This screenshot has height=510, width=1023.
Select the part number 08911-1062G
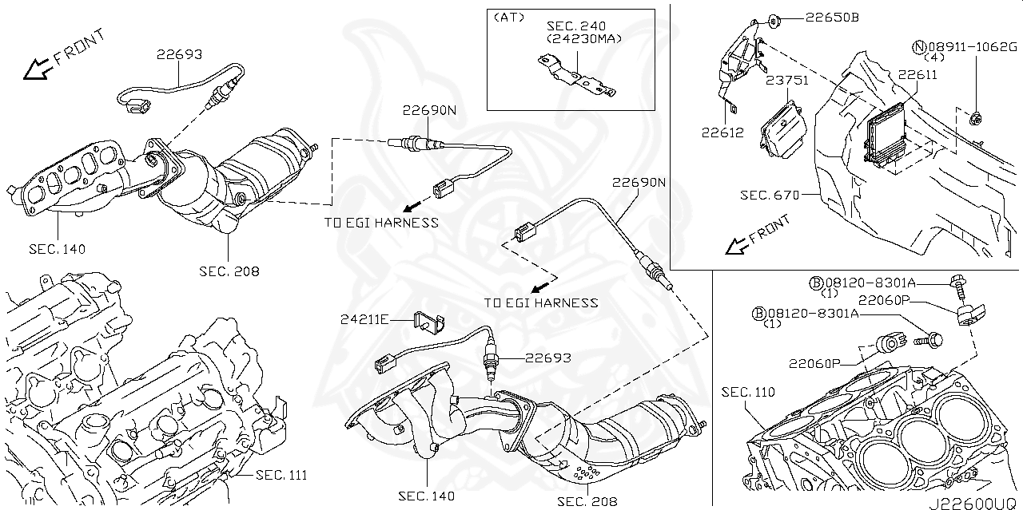pos(971,47)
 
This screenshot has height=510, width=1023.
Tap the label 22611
pos(917,74)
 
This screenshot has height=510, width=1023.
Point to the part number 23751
pos(787,81)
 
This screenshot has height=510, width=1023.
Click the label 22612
pos(722,133)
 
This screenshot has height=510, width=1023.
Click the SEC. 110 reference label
pos(748,392)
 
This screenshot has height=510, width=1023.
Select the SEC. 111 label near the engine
pos(281,475)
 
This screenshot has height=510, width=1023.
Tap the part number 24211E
pos(364,320)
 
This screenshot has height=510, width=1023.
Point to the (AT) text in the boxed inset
pos(509,17)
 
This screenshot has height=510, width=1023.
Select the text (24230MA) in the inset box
pos(583,38)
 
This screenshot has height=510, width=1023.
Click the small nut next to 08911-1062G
pos(974,119)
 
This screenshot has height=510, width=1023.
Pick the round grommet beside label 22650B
pos(773,18)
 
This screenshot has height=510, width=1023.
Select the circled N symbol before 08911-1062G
pos(920,47)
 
